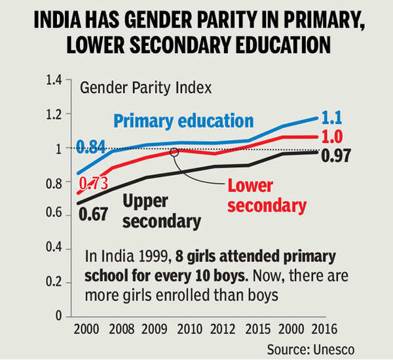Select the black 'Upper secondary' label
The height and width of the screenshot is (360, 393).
pyautogui.click(x=161, y=211)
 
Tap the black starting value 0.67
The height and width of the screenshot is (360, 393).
pyautogui.click(x=94, y=212)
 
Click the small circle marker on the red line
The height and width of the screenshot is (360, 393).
pyautogui.click(x=174, y=151)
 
